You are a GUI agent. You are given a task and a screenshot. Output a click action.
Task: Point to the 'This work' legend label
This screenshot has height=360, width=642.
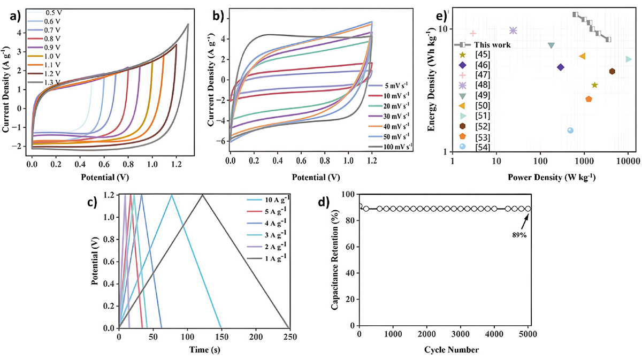[493, 45]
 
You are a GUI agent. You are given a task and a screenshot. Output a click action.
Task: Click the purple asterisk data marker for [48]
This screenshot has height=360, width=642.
[513, 30]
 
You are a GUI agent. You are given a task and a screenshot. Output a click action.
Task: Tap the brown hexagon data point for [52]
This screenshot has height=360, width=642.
[612, 71]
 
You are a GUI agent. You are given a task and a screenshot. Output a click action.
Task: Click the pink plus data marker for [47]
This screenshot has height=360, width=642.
[473, 33]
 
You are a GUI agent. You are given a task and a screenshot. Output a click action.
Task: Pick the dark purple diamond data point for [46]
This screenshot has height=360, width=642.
[560, 67]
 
